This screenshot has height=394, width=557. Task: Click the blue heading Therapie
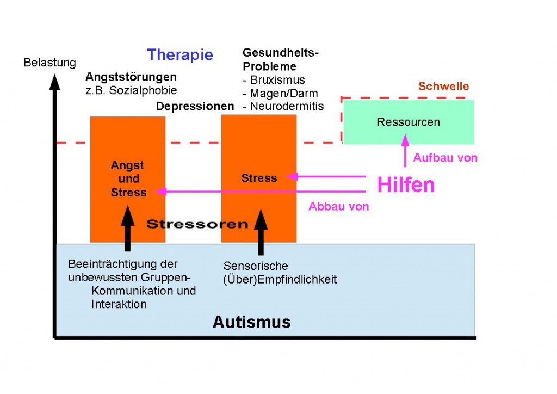[x=180, y=55]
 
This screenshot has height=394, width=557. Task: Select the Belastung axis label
[x=49, y=63]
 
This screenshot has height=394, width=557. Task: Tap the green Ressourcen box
[x=408, y=121]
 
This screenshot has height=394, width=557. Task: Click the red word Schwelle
[x=443, y=87]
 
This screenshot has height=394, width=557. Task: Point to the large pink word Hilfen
[x=406, y=185]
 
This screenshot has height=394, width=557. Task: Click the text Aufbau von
[x=445, y=158]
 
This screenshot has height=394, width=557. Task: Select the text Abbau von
[x=338, y=206]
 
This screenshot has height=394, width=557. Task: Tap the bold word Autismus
[x=251, y=322]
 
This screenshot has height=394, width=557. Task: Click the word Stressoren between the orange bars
[x=197, y=224]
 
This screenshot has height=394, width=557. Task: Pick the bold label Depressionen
[x=195, y=106]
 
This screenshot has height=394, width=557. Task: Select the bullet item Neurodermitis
[x=283, y=106]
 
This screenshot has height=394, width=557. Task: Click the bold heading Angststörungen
[x=131, y=77]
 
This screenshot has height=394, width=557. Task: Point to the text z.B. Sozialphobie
[x=131, y=90]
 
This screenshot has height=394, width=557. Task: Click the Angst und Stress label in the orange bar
[x=128, y=178]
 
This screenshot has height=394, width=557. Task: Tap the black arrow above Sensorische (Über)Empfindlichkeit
[x=261, y=231]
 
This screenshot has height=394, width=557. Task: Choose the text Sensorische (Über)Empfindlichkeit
[x=280, y=273]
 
